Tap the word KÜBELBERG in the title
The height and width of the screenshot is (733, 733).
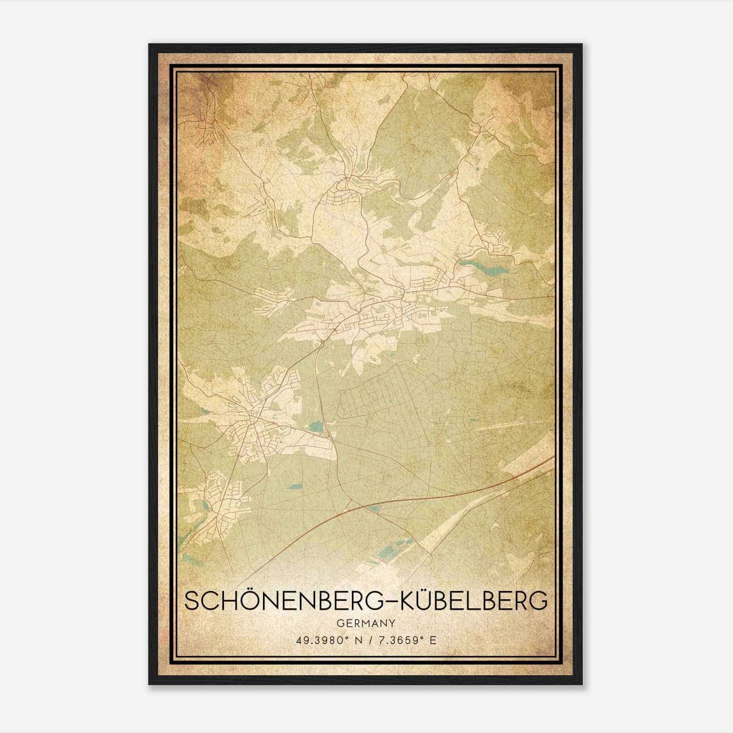click(x=474, y=601)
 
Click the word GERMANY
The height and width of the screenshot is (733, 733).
click(x=366, y=624)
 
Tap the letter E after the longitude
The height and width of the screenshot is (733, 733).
click(x=433, y=640)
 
